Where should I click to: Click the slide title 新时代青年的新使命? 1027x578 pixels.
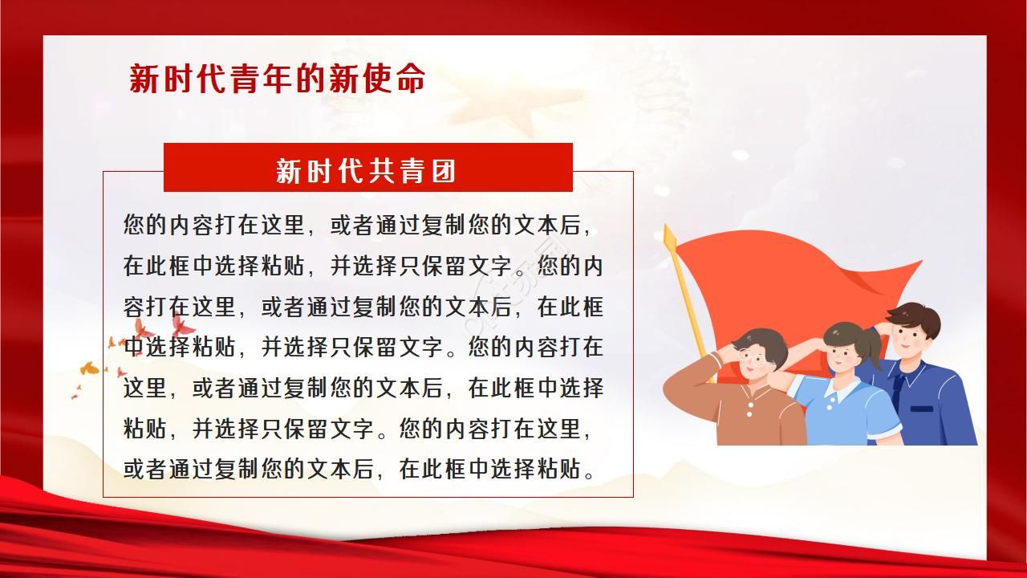[277, 79]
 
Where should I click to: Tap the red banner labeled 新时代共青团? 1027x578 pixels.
[367, 169]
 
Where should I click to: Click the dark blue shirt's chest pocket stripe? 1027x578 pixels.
[922, 409]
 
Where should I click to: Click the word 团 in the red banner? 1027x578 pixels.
[444, 169]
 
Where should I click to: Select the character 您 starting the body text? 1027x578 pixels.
[134, 224]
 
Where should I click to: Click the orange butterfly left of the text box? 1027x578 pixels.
[89, 368]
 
